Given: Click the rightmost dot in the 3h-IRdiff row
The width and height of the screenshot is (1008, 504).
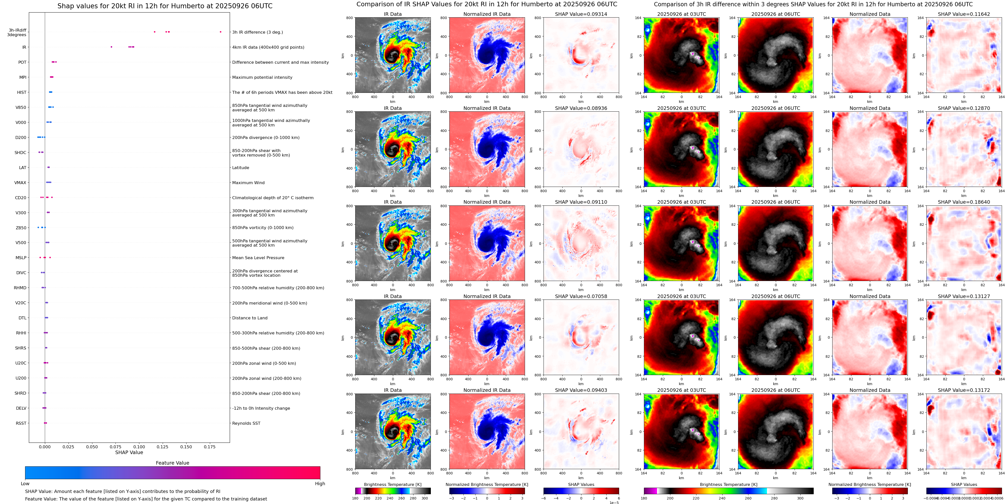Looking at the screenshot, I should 220,32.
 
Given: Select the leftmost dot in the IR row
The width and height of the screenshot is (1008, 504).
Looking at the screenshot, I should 111,47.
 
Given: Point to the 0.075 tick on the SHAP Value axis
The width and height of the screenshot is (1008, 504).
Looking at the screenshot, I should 115,447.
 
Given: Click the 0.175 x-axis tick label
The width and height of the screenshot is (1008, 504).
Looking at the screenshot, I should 209,447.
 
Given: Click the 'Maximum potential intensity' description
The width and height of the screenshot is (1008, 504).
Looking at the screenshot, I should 262,78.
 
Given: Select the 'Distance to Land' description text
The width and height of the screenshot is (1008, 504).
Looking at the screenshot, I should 250,318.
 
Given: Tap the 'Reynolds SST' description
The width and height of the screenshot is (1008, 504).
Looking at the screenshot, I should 246,423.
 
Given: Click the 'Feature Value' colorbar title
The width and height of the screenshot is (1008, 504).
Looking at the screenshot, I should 172,463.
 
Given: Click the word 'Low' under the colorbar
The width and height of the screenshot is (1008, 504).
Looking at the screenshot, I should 25,484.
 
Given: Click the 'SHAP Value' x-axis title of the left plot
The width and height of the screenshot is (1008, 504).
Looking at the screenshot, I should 129,452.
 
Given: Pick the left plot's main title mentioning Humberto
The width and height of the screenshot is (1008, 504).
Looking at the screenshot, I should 165,6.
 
